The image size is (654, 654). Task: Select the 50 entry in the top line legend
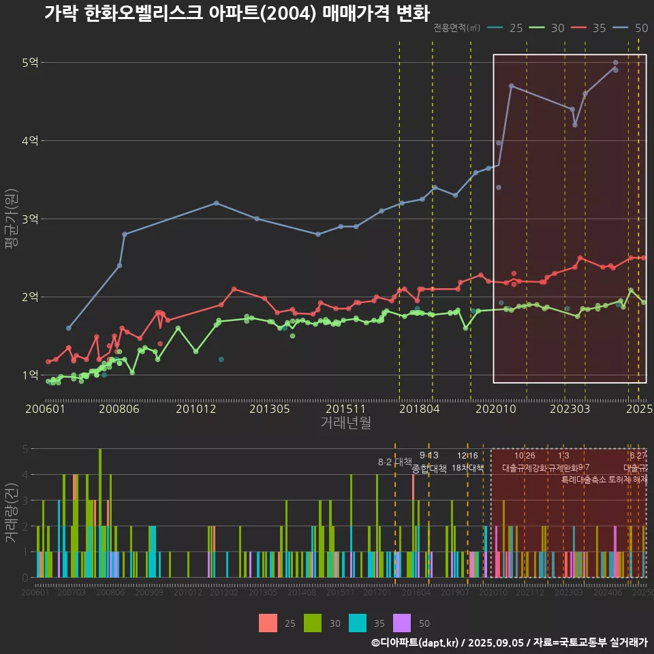[641, 28]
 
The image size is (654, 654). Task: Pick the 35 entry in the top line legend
[599, 28]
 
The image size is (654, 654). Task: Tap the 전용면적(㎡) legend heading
[456, 28]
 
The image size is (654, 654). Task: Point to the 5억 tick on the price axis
[31, 63]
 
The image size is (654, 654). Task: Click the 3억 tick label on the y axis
[31, 219]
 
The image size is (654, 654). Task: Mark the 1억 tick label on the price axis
[31, 375]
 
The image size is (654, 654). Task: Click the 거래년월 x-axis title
[345, 423]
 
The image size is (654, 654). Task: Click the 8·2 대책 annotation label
[390, 462]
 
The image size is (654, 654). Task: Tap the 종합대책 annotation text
[429, 469]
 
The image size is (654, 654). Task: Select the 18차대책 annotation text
[467, 467]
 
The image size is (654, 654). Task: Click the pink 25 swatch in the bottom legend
[268, 623]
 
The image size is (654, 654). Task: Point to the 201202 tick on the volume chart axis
[224, 593]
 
